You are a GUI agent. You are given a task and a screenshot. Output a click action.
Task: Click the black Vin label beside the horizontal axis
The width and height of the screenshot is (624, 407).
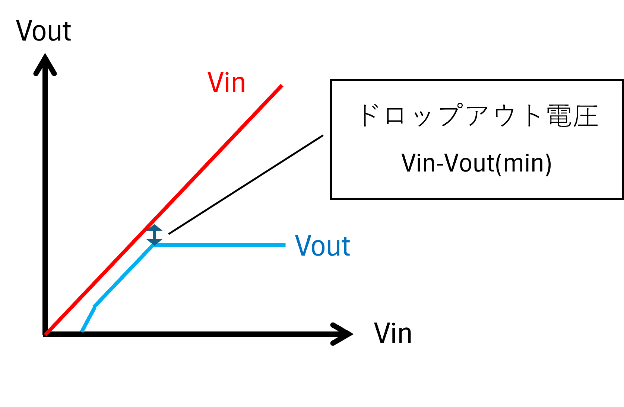tap(393, 333)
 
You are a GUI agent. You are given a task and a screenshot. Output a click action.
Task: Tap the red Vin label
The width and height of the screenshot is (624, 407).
tap(226, 82)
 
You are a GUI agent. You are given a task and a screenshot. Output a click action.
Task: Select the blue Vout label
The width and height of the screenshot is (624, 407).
tap(322, 246)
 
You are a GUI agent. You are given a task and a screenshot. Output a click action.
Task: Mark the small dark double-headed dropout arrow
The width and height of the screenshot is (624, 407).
tap(154, 235)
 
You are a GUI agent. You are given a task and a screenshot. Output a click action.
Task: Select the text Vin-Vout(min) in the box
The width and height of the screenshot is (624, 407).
tap(476, 163)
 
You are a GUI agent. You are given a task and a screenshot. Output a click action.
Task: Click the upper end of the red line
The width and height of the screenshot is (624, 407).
tap(282, 86)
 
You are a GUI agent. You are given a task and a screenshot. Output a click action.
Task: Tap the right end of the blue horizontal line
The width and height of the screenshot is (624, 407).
tap(285, 245)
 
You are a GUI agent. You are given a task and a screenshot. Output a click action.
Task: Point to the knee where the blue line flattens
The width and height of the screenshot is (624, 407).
tap(154, 245)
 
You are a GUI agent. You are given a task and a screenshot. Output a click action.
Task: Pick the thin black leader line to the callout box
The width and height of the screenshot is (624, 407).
tap(246, 185)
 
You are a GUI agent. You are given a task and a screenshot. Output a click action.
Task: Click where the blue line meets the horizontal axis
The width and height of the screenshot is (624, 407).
tap(82, 331)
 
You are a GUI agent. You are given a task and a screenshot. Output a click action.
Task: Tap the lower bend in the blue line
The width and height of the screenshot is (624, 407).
tap(95, 306)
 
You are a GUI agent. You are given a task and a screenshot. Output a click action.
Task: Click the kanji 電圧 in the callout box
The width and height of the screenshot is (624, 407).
tap(572, 116)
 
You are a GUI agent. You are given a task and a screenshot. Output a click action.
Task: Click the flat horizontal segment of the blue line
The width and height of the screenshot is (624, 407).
tap(220, 245)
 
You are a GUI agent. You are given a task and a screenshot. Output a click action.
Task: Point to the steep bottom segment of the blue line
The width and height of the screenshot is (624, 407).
tap(88, 319)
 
